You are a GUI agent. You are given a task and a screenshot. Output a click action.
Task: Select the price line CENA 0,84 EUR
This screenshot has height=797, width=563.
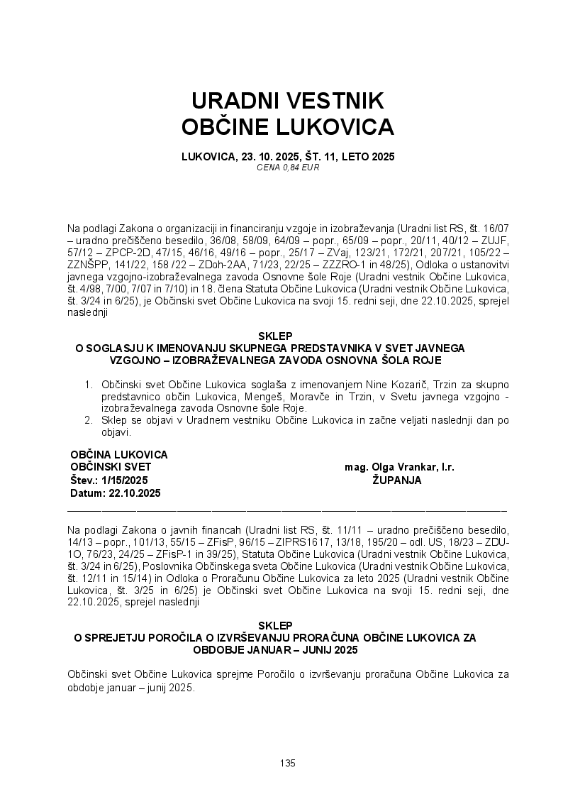pos(287,167)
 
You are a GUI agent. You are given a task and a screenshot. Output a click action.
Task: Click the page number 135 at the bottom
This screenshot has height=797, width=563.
pos(287,763)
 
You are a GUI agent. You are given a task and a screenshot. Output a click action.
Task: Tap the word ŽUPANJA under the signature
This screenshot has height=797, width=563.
pos(397,480)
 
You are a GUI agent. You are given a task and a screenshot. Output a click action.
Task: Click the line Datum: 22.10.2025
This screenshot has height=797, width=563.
pos(116,493)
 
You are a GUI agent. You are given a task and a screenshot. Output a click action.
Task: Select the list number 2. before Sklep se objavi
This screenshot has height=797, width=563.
pos(89,421)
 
